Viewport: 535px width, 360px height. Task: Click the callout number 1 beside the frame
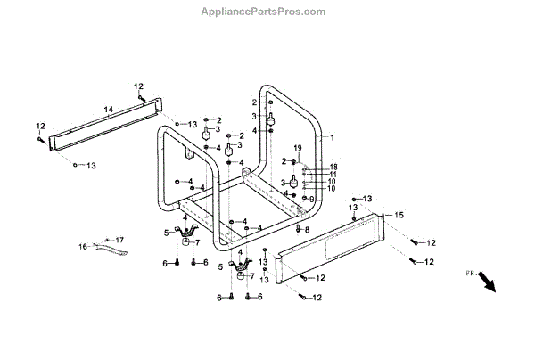pyautogui.click(x=332, y=138)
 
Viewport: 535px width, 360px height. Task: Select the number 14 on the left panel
pyautogui.click(x=108, y=109)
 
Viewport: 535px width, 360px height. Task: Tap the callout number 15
pyautogui.click(x=399, y=214)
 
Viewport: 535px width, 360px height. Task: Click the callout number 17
pyautogui.click(x=120, y=239)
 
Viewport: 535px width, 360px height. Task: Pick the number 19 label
pyautogui.click(x=299, y=146)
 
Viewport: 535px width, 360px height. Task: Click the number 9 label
pyautogui.click(x=312, y=198)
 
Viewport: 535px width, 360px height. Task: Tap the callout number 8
pyautogui.click(x=308, y=230)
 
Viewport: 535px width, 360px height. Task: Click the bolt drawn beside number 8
pyautogui.click(x=297, y=228)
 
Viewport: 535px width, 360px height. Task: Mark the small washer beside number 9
pyautogui.click(x=301, y=198)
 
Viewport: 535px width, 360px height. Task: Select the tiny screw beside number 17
pyautogui.click(x=107, y=240)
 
